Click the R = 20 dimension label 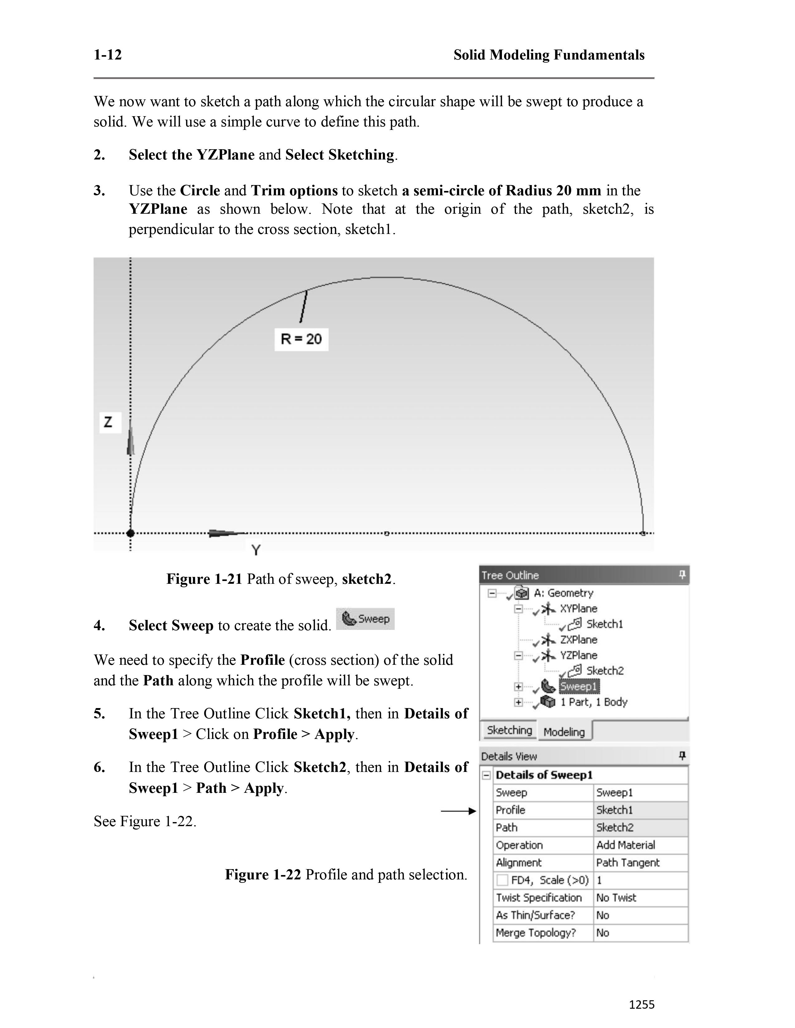[x=301, y=339]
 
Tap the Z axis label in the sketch [x=109, y=422]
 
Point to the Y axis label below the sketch [x=256, y=550]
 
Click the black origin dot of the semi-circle [x=130, y=533]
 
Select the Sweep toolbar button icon [x=365, y=619]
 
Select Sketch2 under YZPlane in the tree [x=605, y=671]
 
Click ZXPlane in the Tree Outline [x=578, y=640]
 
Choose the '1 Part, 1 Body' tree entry [x=593, y=702]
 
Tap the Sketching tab [x=509, y=730]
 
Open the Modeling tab [x=564, y=732]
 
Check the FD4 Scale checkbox [x=503, y=880]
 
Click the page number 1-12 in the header [x=108, y=55]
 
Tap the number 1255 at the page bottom [x=642, y=1004]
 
